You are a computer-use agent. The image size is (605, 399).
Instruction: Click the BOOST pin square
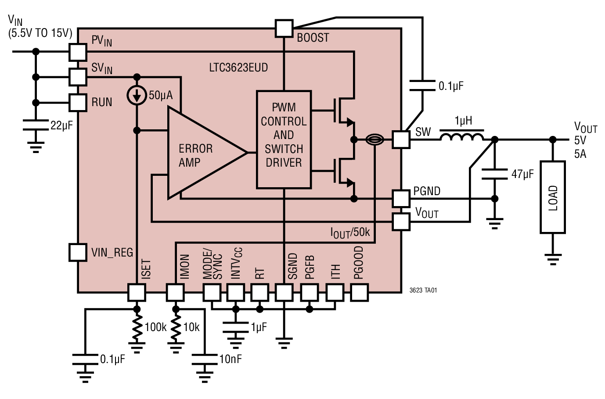click(x=284, y=28)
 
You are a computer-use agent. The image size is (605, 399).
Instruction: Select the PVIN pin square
click(x=78, y=52)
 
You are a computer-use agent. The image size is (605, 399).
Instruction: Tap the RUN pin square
click(x=78, y=103)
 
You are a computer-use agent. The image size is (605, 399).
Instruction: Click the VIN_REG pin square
click(x=78, y=253)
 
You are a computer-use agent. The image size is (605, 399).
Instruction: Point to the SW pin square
click(x=401, y=140)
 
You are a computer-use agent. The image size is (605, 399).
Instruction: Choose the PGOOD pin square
click(x=359, y=292)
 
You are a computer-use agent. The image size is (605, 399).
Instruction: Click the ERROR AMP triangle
click(x=198, y=153)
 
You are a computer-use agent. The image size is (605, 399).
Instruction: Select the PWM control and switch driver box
click(x=284, y=139)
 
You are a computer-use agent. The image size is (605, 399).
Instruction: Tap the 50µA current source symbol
click(x=137, y=96)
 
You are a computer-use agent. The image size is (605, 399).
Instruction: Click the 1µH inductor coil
click(x=462, y=137)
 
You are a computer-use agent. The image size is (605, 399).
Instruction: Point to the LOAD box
click(x=553, y=197)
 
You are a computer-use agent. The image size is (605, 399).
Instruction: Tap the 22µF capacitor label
click(x=61, y=126)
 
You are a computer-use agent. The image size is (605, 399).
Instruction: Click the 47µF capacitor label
click(x=522, y=175)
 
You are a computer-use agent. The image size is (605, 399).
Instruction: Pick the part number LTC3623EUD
click(x=238, y=68)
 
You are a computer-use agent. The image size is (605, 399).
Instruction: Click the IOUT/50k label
click(x=350, y=232)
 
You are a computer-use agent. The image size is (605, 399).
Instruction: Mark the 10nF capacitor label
click(x=230, y=360)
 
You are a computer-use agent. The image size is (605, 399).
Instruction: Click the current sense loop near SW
click(x=375, y=140)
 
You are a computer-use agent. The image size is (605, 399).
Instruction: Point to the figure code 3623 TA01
click(x=423, y=290)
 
